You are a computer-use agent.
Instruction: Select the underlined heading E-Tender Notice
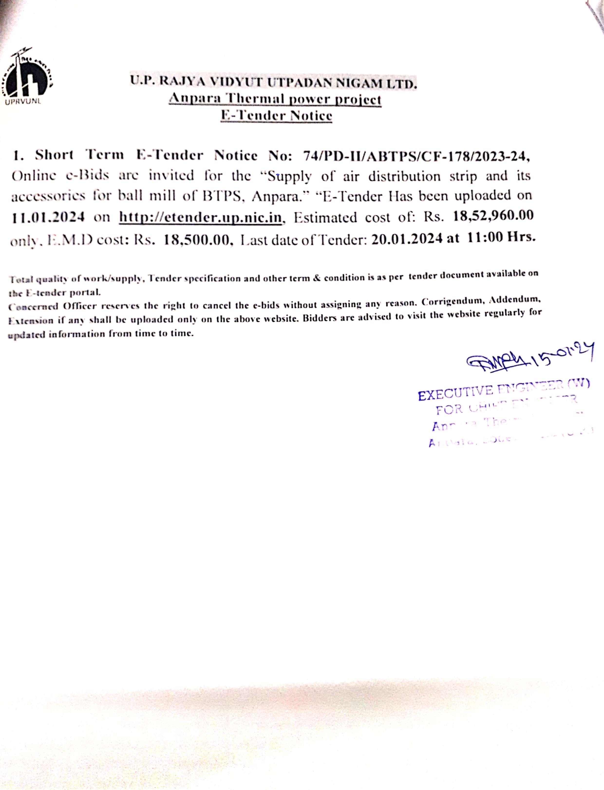tap(276, 116)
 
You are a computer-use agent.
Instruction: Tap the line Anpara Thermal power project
tap(275, 99)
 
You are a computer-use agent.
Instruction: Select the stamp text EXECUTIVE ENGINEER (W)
tap(503, 390)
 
